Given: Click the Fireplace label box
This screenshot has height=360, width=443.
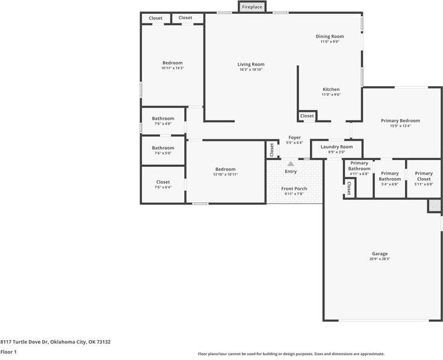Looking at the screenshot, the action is point(252,7).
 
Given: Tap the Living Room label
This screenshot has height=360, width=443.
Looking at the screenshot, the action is point(251,64).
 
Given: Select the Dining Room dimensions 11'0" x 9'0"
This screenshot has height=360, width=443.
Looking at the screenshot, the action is point(330,42).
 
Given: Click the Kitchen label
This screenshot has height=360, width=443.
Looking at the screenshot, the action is point(331,89).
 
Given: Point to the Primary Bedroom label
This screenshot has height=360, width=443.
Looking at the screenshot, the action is point(400,120).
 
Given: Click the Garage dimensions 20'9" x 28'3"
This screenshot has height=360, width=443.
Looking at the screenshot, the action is point(380,259).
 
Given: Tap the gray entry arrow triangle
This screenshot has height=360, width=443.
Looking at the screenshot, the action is point(291,164).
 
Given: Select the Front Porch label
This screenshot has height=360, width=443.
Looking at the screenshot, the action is point(294,189).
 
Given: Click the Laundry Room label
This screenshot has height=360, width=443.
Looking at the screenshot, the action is point(336,147).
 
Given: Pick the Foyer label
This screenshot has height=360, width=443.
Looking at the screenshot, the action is point(295,138).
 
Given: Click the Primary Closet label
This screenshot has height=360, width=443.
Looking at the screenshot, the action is point(424,176).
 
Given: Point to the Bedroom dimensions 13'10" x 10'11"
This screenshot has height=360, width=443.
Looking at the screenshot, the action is point(225,175).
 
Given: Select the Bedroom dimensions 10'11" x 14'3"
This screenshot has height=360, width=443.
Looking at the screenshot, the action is point(173,68).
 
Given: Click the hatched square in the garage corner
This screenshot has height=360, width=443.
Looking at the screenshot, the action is point(435,206).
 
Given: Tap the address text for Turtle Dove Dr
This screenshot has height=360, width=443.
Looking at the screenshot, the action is point(55,342).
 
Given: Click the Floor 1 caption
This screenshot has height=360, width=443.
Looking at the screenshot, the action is point(8,352).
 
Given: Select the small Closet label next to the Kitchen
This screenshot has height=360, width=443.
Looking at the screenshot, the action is point(307,116).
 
